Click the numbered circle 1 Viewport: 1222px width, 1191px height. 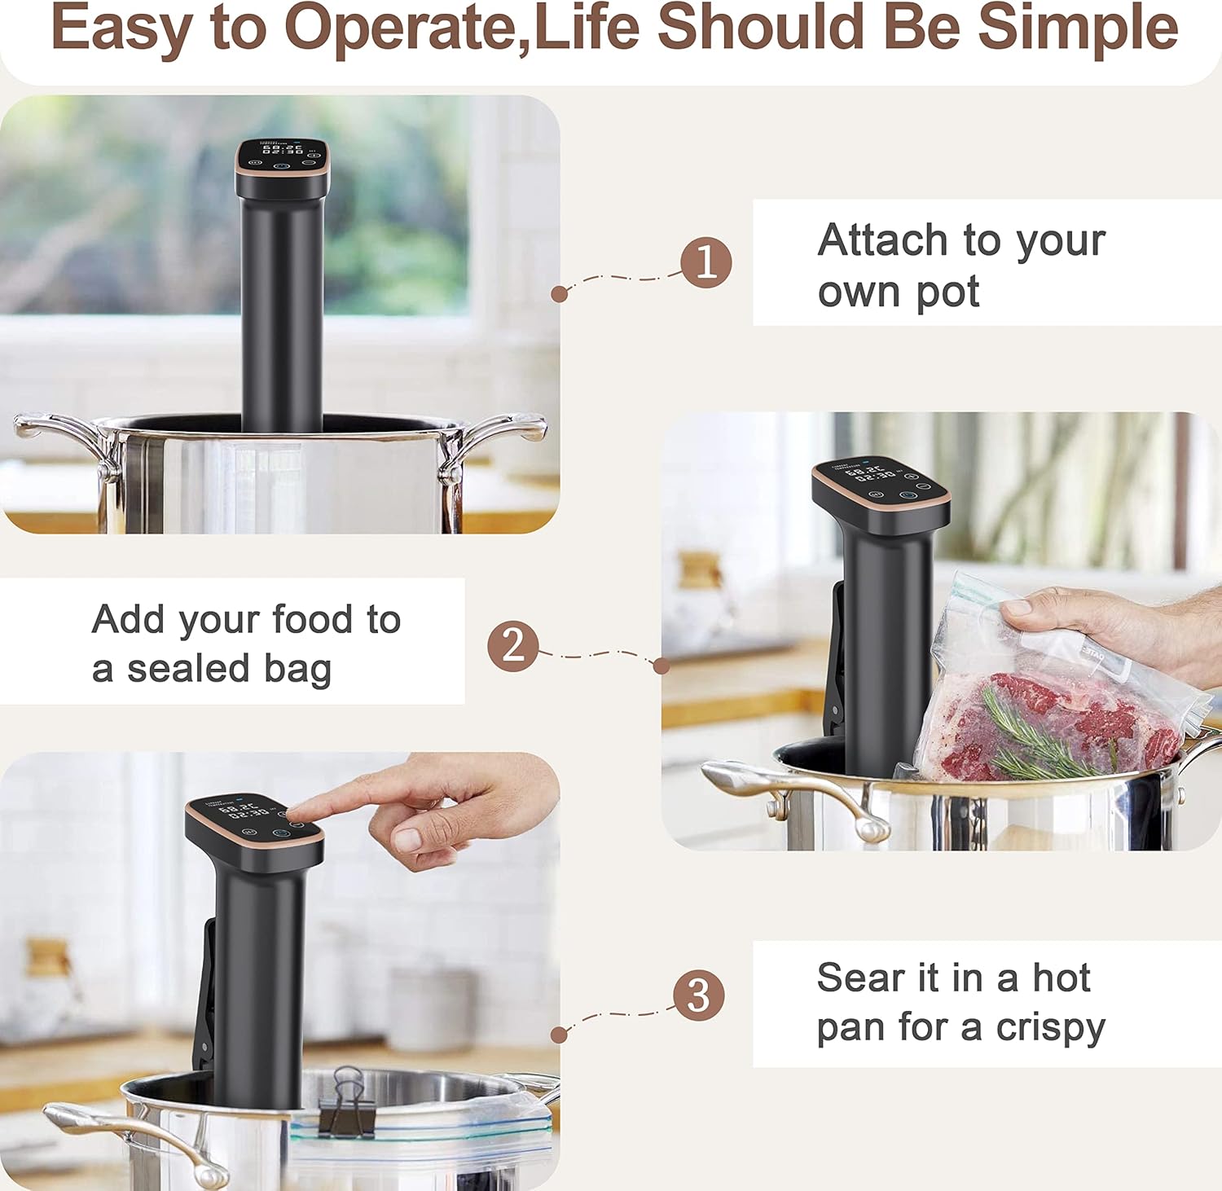[x=706, y=262]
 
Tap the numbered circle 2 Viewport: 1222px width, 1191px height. [x=513, y=645]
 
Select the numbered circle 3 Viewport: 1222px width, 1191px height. [x=698, y=995]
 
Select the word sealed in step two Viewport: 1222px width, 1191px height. [x=188, y=669]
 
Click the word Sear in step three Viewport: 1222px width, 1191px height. [x=860, y=978]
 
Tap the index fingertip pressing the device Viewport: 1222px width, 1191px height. [x=298, y=811]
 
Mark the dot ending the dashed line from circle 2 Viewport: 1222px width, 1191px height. [x=662, y=666]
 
